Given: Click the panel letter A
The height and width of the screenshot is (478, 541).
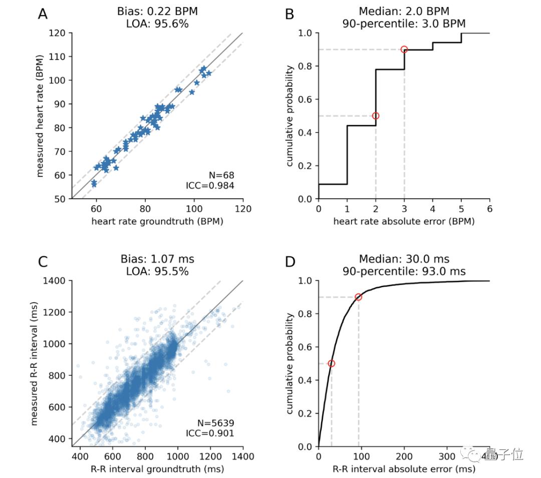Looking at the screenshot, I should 43,14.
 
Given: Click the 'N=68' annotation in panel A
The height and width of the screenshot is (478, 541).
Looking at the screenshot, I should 221,175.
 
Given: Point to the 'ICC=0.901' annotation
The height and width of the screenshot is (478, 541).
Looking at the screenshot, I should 210,433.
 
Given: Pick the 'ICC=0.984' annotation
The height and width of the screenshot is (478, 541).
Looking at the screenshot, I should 210,186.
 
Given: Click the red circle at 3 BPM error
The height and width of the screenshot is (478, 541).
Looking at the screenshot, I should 404,50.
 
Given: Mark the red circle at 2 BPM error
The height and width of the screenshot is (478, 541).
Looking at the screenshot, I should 376,116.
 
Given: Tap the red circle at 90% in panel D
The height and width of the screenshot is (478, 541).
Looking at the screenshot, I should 358,297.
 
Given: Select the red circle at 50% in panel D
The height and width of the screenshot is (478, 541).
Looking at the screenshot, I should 331,363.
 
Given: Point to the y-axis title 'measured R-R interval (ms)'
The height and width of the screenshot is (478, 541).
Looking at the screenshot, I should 36,363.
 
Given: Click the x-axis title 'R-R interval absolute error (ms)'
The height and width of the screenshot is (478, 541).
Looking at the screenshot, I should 404,469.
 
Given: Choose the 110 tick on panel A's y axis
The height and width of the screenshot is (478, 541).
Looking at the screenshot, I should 60,57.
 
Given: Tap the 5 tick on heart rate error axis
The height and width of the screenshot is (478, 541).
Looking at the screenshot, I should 461,208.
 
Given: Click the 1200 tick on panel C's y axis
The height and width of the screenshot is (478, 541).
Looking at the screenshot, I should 57,312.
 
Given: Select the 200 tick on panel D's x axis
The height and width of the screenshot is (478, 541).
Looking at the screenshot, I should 404,456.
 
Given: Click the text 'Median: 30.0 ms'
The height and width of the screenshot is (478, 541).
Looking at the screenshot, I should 404,259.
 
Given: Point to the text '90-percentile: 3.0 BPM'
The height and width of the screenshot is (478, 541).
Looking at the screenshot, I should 404,24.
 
